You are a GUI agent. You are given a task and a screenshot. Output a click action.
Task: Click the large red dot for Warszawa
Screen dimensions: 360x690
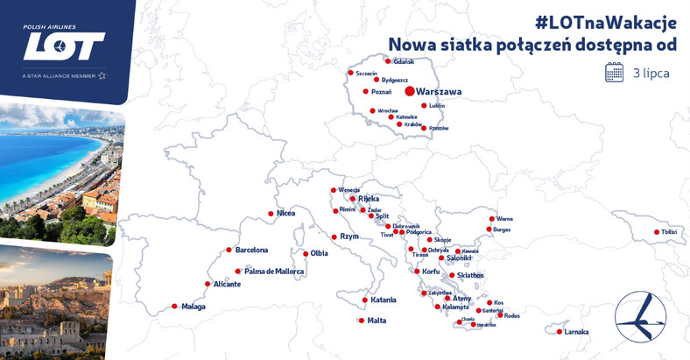click(409, 91)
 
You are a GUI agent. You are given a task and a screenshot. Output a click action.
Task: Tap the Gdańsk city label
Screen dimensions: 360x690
click(404, 61)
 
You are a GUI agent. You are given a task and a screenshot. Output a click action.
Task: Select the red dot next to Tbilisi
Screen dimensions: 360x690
click(657, 232)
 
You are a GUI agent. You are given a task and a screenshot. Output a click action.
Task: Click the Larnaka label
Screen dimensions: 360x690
click(576, 332)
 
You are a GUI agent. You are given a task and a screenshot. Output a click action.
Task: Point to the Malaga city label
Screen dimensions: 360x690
click(194, 307)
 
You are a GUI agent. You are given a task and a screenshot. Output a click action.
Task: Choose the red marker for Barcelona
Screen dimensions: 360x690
click(229, 250)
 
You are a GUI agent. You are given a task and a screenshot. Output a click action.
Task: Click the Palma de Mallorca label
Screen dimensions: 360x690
click(274, 272)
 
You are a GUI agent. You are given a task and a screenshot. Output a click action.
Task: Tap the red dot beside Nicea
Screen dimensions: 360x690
click(271, 214)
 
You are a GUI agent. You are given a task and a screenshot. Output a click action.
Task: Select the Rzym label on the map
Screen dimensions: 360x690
click(349, 236)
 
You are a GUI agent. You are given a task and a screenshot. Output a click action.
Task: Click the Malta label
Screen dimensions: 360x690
click(377, 321)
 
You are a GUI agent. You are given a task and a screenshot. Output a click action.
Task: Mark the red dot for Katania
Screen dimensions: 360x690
click(363, 300)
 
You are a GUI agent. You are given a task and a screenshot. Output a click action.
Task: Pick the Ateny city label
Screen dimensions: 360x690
click(461, 299)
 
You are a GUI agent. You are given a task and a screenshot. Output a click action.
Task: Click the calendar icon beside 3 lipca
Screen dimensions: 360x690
click(614, 73)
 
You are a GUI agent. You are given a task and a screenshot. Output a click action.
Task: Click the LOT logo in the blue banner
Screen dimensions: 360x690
click(64, 46)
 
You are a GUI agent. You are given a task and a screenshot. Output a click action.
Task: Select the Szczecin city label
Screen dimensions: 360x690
click(366, 73)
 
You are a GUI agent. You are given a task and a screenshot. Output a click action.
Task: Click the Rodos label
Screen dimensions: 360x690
click(512, 316)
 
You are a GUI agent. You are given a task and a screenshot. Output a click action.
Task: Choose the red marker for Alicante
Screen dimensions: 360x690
click(208, 284)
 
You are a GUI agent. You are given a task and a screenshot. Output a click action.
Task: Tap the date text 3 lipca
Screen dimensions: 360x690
click(651, 74)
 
